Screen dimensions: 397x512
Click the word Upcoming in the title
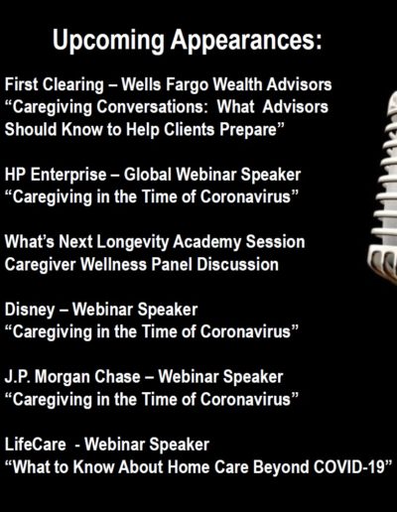(x=108, y=41)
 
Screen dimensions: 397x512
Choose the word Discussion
(x=237, y=264)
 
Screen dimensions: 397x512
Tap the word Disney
(x=30, y=311)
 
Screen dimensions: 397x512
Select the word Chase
(x=117, y=376)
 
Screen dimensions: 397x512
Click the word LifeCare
(x=36, y=444)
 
